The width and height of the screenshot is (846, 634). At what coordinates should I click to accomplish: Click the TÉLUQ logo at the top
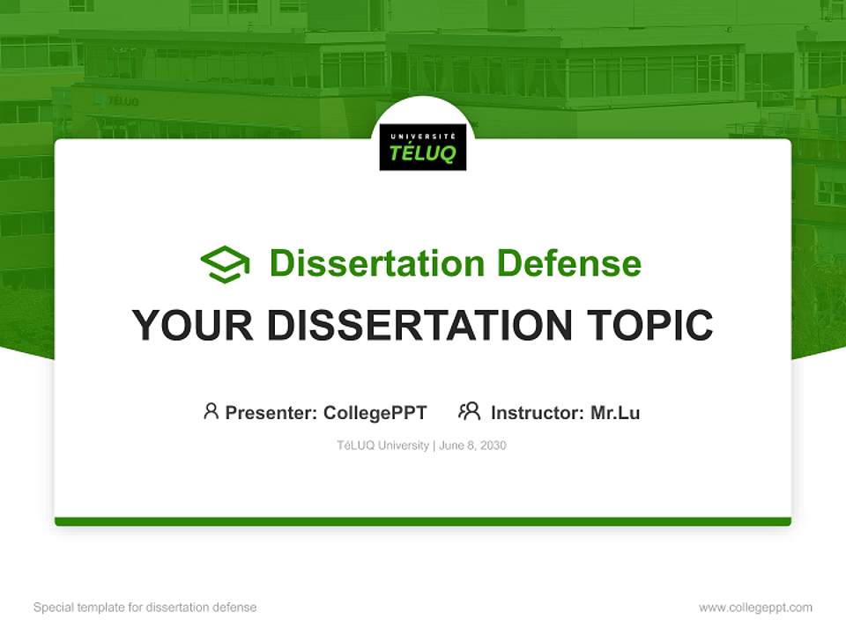coord(423,147)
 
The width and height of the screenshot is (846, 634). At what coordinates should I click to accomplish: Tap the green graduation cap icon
coord(225,264)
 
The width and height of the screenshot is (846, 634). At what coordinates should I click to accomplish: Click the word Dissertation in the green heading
coord(377,263)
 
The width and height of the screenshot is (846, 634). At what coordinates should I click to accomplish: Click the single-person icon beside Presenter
coord(211,411)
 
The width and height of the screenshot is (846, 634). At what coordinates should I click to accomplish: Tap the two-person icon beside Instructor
coord(469,411)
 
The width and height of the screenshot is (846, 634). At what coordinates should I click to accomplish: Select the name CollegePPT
coord(375,412)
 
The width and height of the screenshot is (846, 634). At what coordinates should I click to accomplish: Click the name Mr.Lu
coord(615,412)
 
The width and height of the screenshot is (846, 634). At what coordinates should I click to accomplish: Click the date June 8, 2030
coord(472,446)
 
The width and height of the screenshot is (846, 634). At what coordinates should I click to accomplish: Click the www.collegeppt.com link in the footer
coord(755,608)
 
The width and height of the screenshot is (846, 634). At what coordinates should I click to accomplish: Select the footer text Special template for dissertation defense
coord(145,608)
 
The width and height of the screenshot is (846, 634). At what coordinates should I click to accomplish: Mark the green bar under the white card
coord(423,521)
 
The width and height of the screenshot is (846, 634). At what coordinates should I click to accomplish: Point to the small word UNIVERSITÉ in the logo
coord(423,134)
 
